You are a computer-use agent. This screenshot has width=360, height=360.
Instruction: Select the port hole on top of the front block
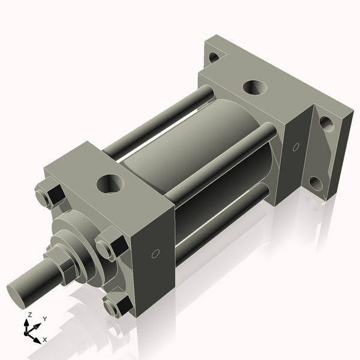click(110, 183)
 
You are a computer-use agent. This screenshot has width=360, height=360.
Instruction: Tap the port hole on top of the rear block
click(256, 87)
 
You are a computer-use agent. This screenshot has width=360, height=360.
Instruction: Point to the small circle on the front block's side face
click(155, 254)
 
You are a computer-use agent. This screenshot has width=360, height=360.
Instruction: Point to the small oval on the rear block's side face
click(295, 147)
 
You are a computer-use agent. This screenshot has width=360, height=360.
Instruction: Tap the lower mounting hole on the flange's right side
click(316, 182)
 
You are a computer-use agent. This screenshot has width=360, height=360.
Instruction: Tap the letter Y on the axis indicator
click(45, 319)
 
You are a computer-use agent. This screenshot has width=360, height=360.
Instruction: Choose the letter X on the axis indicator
click(44, 340)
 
